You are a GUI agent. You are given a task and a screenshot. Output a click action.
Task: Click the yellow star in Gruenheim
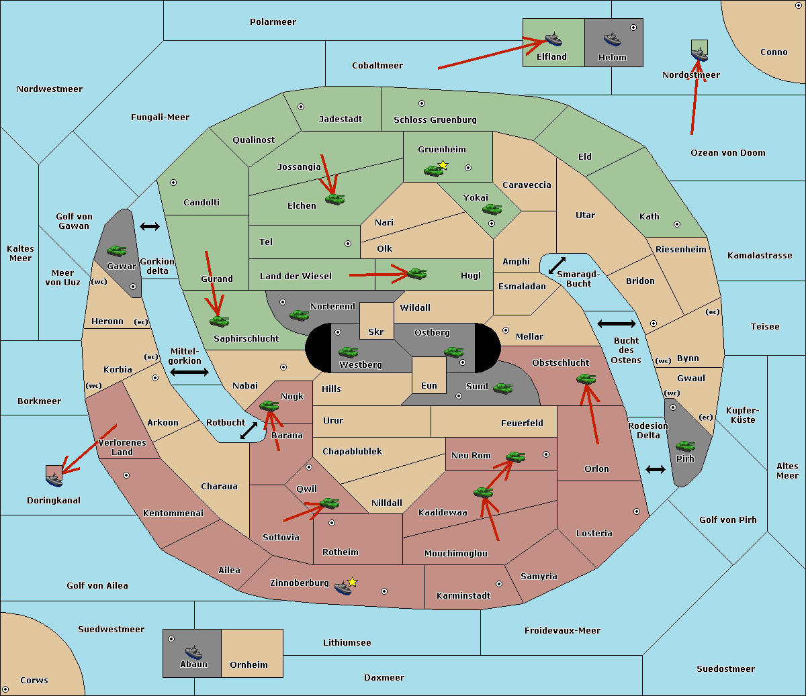pos(443,165)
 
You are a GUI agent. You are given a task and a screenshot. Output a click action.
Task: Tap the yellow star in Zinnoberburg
pos(352,582)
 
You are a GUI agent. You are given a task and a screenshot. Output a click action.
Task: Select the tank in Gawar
pos(117,250)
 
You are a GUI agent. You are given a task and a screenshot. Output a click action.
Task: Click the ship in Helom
pos(611,39)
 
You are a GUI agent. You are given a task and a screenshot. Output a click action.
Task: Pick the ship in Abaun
pos(193,652)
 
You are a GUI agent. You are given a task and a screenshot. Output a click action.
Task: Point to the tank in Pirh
pos(685,446)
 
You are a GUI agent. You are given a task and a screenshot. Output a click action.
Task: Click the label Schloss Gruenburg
pos(435,120)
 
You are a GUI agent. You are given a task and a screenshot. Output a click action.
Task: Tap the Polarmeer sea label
pos(273,22)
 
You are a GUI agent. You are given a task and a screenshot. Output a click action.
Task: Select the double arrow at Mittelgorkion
pos(189,372)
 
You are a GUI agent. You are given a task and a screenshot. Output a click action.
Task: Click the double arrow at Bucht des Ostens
pos(616,324)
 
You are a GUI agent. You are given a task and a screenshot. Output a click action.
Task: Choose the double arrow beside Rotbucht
pos(249,430)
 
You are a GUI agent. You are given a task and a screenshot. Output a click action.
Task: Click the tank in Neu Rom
pos(515,457)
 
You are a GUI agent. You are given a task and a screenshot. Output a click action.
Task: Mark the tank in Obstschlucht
pos(586,379)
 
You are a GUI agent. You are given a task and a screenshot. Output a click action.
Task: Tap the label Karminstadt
pos(463,596)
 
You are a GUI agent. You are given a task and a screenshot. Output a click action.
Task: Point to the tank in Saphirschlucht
pos(219,321)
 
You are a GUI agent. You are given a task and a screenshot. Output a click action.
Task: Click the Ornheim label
pos(249,665)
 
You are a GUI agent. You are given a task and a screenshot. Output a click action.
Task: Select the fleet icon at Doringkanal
pos(54,476)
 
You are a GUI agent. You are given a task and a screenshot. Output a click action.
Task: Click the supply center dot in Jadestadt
pos(301,107)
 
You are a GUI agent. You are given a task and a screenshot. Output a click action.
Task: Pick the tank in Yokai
pos(492,209)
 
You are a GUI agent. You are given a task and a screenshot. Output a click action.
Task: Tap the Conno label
pos(774,52)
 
